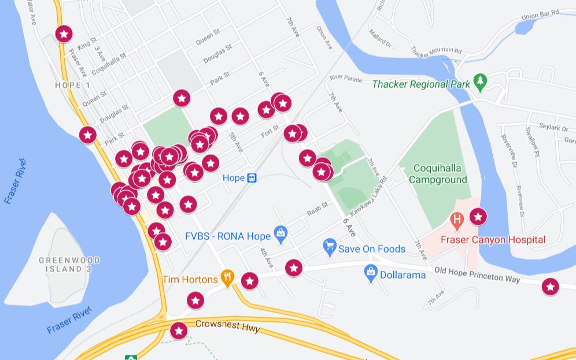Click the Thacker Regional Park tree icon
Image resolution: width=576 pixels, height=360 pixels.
[x=480, y=82]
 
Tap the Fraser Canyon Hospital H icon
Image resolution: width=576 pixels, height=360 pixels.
[x=457, y=220]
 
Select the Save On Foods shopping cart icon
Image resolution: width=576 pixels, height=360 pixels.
[x=330, y=247]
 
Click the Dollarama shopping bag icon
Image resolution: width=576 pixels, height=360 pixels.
[x=371, y=274]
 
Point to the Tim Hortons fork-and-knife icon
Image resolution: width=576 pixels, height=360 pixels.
[x=228, y=278]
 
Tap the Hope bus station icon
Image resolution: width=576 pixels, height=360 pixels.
[x=252, y=178]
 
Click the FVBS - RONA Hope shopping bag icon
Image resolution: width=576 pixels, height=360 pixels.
[x=280, y=234]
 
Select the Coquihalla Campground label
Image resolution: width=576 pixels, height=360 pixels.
[x=438, y=174]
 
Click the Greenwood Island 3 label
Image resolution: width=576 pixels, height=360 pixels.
[x=69, y=265]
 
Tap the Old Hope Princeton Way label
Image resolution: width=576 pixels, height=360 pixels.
[x=477, y=274]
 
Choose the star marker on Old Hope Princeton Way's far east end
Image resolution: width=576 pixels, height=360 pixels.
[x=550, y=286]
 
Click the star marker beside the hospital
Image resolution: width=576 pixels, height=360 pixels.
[x=478, y=217]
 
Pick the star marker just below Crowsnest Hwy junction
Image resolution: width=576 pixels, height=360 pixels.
[x=179, y=331]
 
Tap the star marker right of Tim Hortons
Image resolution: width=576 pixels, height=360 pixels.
[x=249, y=281]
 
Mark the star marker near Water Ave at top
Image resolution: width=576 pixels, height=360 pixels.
[x=64, y=34]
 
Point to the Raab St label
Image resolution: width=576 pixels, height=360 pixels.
[x=317, y=209]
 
